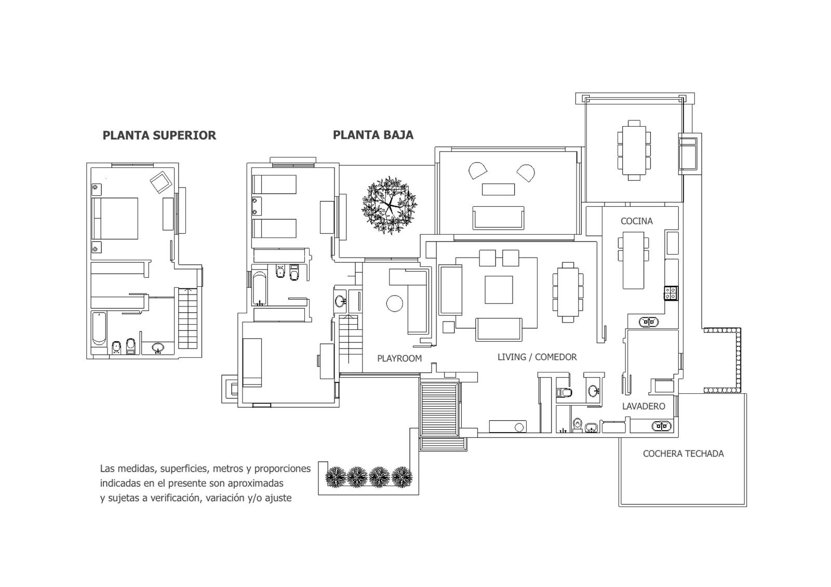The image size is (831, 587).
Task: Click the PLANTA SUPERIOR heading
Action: click(x=159, y=136)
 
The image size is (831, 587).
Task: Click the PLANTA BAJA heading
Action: click(x=373, y=135)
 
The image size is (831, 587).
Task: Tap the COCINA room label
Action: click(x=637, y=221)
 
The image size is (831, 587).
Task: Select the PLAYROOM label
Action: click(x=399, y=358)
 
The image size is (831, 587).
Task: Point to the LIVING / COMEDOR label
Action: click(x=537, y=357)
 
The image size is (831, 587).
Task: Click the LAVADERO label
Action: click(x=644, y=406)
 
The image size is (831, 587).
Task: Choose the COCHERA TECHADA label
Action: click(x=683, y=453)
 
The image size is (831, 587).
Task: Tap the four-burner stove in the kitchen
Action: click(x=671, y=293)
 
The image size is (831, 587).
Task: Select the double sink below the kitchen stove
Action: click(x=649, y=322)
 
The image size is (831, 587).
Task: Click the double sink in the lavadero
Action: click(x=662, y=426)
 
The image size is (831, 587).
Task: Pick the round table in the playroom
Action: click(x=394, y=303)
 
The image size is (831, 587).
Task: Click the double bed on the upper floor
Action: click(x=115, y=218)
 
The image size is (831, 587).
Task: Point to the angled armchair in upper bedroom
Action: click(x=161, y=182)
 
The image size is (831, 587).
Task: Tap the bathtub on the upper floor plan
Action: click(x=99, y=328)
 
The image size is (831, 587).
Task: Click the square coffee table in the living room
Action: click(x=499, y=290)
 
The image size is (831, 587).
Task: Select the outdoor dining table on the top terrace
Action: click(x=634, y=150)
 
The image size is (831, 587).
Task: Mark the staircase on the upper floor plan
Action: click(x=187, y=318)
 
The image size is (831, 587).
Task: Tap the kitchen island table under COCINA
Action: click(x=633, y=260)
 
